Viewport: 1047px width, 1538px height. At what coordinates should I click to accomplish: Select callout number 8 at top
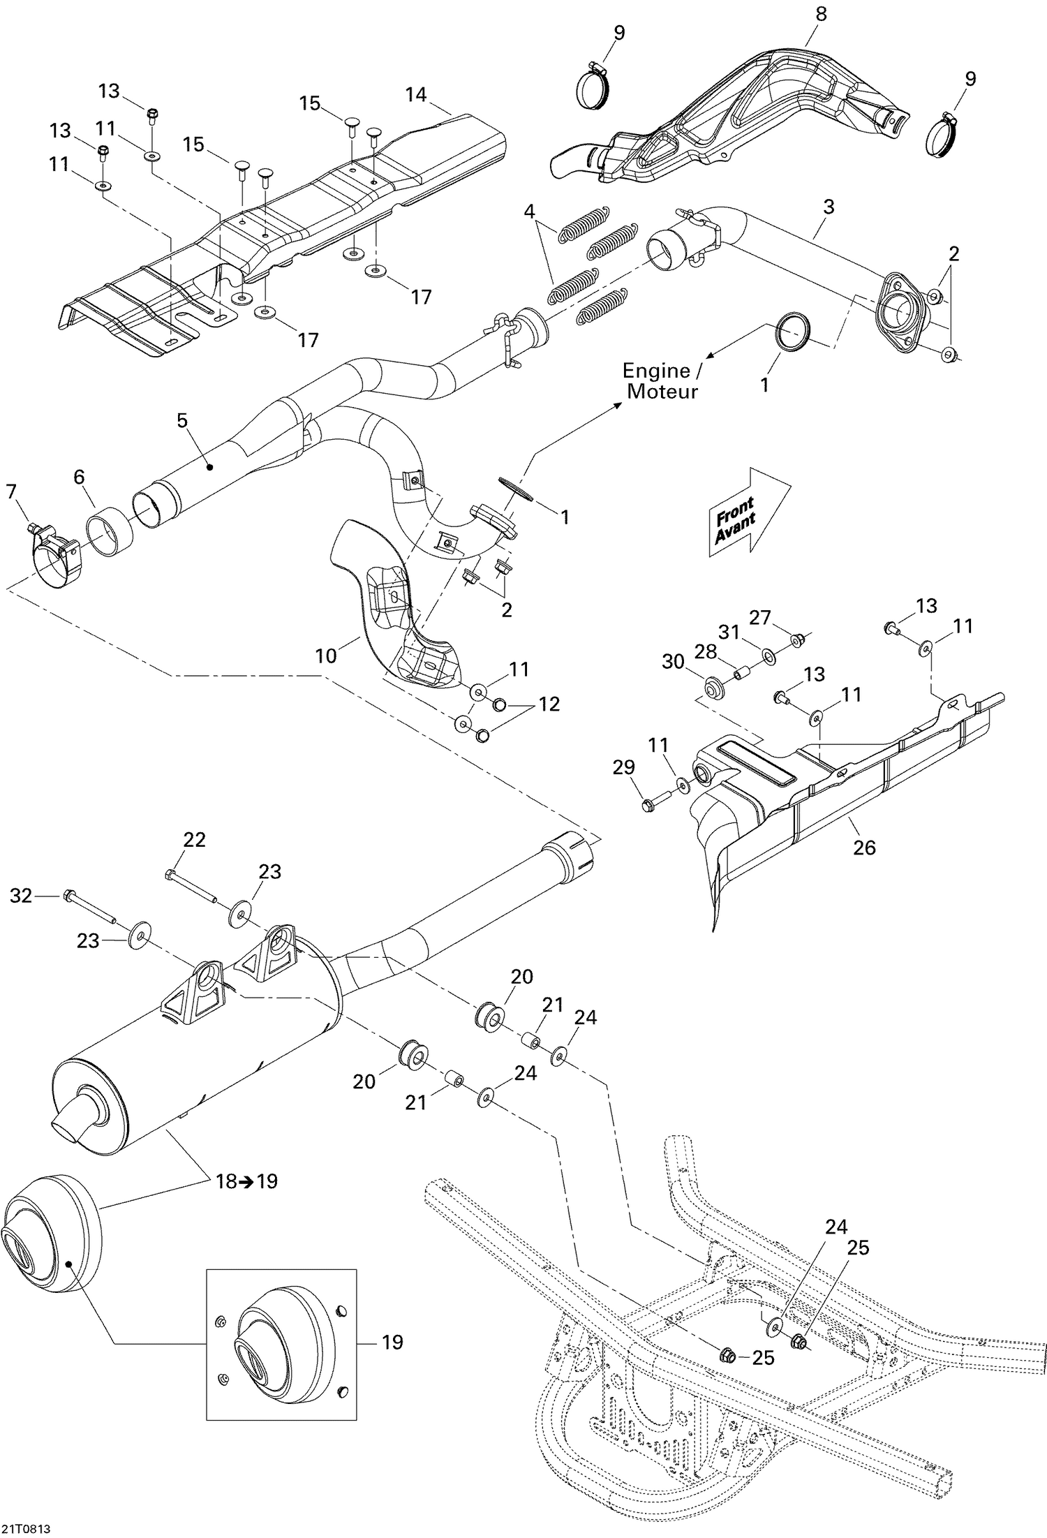click(822, 14)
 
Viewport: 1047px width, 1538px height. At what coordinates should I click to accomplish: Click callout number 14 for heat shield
click(416, 94)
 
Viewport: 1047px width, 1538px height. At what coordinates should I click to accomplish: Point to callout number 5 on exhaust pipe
click(182, 420)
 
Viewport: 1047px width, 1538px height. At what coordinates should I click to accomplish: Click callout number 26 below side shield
click(864, 847)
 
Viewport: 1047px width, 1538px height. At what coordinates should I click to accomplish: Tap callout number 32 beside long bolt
click(21, 895)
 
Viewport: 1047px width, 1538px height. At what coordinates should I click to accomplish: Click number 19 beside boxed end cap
click(393, 1341)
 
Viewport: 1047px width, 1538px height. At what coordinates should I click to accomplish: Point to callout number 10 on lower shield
click(326, 655)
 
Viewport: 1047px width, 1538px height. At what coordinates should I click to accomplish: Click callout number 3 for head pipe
click(829, 207)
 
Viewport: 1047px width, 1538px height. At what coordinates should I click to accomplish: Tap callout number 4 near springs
click(530, 210)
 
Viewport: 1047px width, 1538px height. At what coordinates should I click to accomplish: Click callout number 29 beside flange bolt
click(623, 767)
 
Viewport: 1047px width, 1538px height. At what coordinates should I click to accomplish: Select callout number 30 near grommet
click(673, 660)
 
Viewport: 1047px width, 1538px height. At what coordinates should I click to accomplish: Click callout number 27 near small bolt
click(760, 617)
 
